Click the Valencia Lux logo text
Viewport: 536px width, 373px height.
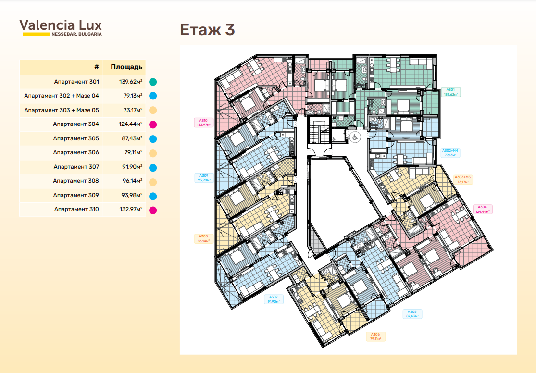pos(61,25)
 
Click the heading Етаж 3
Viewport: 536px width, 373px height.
pos(207,30)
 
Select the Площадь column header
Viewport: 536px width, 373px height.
pos(126,67)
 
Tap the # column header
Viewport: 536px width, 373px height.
pos(97,67)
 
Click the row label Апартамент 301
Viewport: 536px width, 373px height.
pos(76,82)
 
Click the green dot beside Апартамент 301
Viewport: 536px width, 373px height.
pos(153,82)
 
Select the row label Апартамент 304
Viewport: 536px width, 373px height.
pos(76,124)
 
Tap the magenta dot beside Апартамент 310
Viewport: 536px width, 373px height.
pos(153,210)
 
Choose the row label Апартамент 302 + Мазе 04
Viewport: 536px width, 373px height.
pos(62,96)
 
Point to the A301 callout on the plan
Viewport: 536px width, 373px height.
pos(450,92)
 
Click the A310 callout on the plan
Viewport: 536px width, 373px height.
pos(203,123)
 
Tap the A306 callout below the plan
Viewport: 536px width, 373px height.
pos(375,336)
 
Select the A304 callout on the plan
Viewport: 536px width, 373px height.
pos(482,209)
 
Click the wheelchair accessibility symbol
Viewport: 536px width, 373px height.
pos(355,137)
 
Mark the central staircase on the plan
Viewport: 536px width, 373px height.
pos(318,130)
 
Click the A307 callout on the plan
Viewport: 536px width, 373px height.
pos(274,299)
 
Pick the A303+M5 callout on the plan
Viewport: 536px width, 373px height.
pos(463,179)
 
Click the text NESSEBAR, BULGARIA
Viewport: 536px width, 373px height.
pos(76,34)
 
